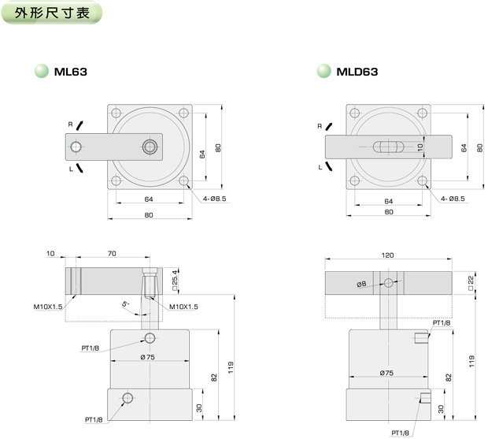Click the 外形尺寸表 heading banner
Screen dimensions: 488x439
[52, 13]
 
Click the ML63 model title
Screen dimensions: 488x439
[71, 72]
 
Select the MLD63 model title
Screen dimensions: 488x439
[357, 72]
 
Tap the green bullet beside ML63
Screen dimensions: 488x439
[42, 71]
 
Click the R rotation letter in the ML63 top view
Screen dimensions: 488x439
[70, 125]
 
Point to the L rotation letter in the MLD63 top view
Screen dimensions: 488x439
[320, 167]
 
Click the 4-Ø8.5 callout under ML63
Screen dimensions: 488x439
[214, 199]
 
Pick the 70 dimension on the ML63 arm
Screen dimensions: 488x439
[112, 254]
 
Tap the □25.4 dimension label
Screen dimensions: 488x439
[175, 280]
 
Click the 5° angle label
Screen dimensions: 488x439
[125, 303]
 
